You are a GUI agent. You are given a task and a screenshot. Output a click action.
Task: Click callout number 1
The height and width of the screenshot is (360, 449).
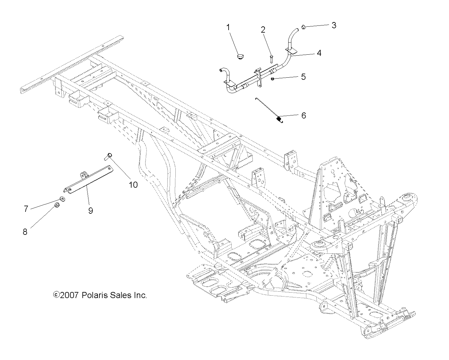pyautogui.click(x=228, y=27)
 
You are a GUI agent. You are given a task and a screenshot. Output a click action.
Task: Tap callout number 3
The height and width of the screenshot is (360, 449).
pyautogui.click(x=334, y=25)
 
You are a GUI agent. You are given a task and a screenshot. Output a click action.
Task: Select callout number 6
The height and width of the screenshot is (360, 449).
pyautogui.click(x=303, y=116)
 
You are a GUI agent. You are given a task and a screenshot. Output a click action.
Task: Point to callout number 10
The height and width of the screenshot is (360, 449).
pyautogui.click(x=133, y=185)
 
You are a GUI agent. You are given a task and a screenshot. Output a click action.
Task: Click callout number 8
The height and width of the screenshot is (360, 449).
pyautogui.click(x=25, y=231)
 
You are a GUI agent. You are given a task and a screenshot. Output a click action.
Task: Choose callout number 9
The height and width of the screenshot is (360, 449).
pyautogui.click(x=90, y=211)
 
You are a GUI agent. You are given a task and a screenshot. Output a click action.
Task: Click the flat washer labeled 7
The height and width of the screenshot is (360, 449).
pyautogui.click(x=62, y=199)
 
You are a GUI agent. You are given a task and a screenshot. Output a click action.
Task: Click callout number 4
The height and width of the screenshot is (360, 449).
pyautogui.click(x=319, y=53)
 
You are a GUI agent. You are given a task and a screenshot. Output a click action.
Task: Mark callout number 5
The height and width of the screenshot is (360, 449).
pyautogui.click(x=303, y=77)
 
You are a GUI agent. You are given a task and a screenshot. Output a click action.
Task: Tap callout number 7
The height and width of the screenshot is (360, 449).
pyautogui.click(x=26, y=209)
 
